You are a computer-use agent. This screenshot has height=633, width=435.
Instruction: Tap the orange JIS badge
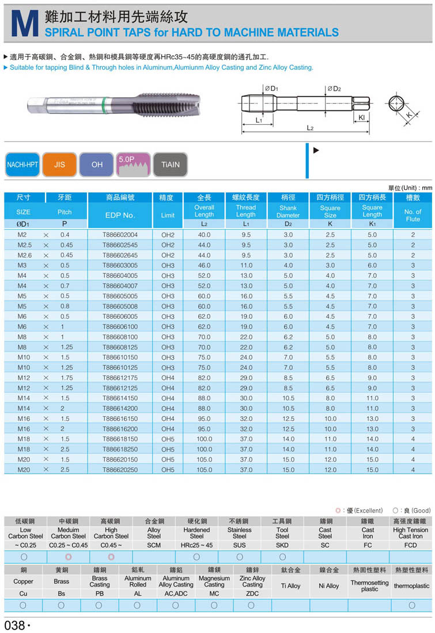[x=59, y=165]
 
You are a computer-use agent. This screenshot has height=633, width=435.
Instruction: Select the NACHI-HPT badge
[x=22, y=165]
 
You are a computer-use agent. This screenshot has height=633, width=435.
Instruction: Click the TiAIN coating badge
[x=171, y=165]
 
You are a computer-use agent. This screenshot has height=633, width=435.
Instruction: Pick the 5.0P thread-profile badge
[x=134, y=164]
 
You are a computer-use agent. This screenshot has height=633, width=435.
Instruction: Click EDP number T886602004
[x=120, y=235]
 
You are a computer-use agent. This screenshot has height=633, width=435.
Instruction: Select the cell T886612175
[x=120, y=377]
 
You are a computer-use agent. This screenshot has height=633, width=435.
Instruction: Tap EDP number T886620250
[x=120, y=470]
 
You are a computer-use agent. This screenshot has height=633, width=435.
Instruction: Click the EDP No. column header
[x=120, y=215]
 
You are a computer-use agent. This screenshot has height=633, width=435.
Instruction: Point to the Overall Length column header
[x=204, y=211]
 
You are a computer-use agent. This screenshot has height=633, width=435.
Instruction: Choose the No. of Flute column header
[x=413, y=215]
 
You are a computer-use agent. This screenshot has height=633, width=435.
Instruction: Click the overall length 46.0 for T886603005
[x=204, y=265]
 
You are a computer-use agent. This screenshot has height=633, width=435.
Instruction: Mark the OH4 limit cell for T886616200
[x=168, y=429]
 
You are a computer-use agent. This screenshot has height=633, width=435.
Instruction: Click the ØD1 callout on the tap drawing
[x=271, y=89]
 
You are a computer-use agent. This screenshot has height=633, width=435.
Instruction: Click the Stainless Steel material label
[x=239, y=533]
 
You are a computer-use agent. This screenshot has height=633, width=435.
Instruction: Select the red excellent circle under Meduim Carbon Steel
[x=68, y=556]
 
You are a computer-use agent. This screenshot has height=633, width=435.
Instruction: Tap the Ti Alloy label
[x=290, y=585]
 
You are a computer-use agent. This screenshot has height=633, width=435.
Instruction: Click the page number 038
[x=15, y=625]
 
